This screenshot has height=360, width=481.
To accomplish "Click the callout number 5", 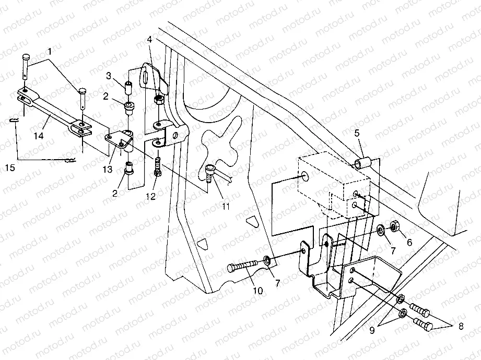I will tap(357, 133).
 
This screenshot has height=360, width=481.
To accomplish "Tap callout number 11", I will tap(225, 207).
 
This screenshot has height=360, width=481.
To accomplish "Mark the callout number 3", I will tap(109, 76).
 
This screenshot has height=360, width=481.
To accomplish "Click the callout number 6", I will tap(409, 243).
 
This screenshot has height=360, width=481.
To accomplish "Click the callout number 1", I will tap(50, 52).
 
